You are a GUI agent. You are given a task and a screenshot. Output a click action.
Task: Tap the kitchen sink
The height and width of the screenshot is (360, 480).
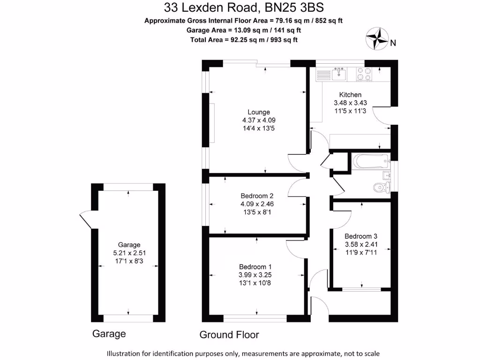coord(338,74)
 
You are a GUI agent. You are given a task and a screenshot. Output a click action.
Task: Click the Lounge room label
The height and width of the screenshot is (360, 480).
coord(259,112)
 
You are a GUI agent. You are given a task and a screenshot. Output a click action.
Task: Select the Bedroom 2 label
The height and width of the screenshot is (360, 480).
coord(257,196)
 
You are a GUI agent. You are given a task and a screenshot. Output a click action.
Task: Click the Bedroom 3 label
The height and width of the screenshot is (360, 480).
coord(361,236)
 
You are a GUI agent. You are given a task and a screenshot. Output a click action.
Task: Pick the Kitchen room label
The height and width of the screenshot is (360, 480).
coord(350,95)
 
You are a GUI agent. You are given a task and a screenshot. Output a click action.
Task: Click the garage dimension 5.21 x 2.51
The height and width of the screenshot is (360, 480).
coord(129,253)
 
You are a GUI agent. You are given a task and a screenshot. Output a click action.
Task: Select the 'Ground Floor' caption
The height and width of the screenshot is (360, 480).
coord(229,335)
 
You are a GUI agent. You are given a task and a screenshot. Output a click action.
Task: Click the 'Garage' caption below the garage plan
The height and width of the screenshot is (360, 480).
coord(109,334)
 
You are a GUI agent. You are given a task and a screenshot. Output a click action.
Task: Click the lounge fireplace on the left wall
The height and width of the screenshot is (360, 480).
coord(213,123)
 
